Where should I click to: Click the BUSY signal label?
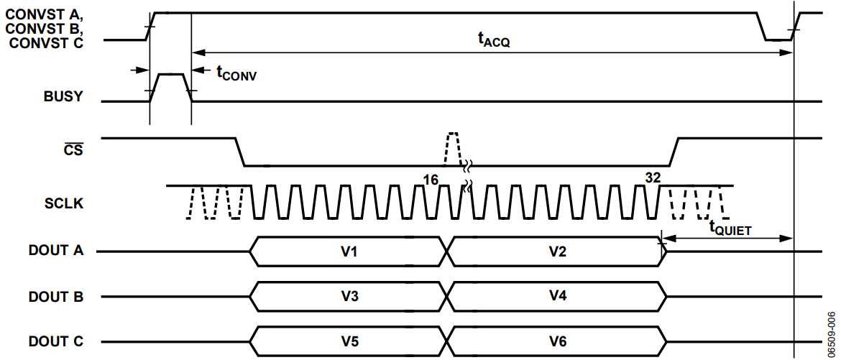[63, 98]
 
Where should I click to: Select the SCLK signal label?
[63, 204]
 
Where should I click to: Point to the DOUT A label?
[56, 251]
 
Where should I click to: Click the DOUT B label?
[56, 296]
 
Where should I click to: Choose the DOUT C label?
[56, 342]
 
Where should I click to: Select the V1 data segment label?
[349, 251]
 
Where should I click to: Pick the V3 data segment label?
[349, 296]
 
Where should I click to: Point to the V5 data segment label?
[349, 342]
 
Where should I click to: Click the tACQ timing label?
[493, 41]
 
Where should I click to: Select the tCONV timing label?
[236, 73]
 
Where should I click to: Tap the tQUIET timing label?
[730, 228]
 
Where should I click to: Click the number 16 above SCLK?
[431, 180]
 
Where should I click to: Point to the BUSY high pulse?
[170, 75]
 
